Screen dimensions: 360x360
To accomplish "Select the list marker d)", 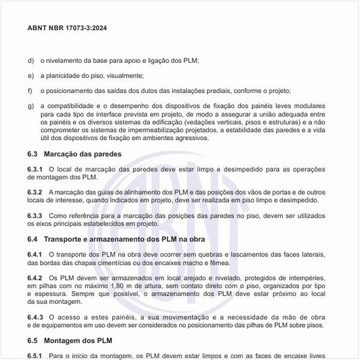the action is pos(31,61).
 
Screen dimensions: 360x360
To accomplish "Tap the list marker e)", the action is pos(31,76).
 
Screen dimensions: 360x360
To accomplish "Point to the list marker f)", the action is pos(30,90).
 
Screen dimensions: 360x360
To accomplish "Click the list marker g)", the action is pos(31,105).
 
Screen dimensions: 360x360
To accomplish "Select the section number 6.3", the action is pos(33,154).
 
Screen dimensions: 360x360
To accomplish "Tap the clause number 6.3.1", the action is pos(35,170).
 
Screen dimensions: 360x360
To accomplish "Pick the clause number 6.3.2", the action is pos(35,192).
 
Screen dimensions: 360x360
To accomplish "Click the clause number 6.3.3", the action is pos(35,215).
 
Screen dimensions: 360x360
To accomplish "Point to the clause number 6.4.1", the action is pos(35,253).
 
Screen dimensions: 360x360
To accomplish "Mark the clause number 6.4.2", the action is pos(35,278).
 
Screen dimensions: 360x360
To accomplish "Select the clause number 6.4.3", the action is pos(35,317).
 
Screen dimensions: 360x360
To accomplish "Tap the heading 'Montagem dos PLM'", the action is pos(79,341).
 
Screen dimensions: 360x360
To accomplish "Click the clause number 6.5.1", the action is pos(35,355).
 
